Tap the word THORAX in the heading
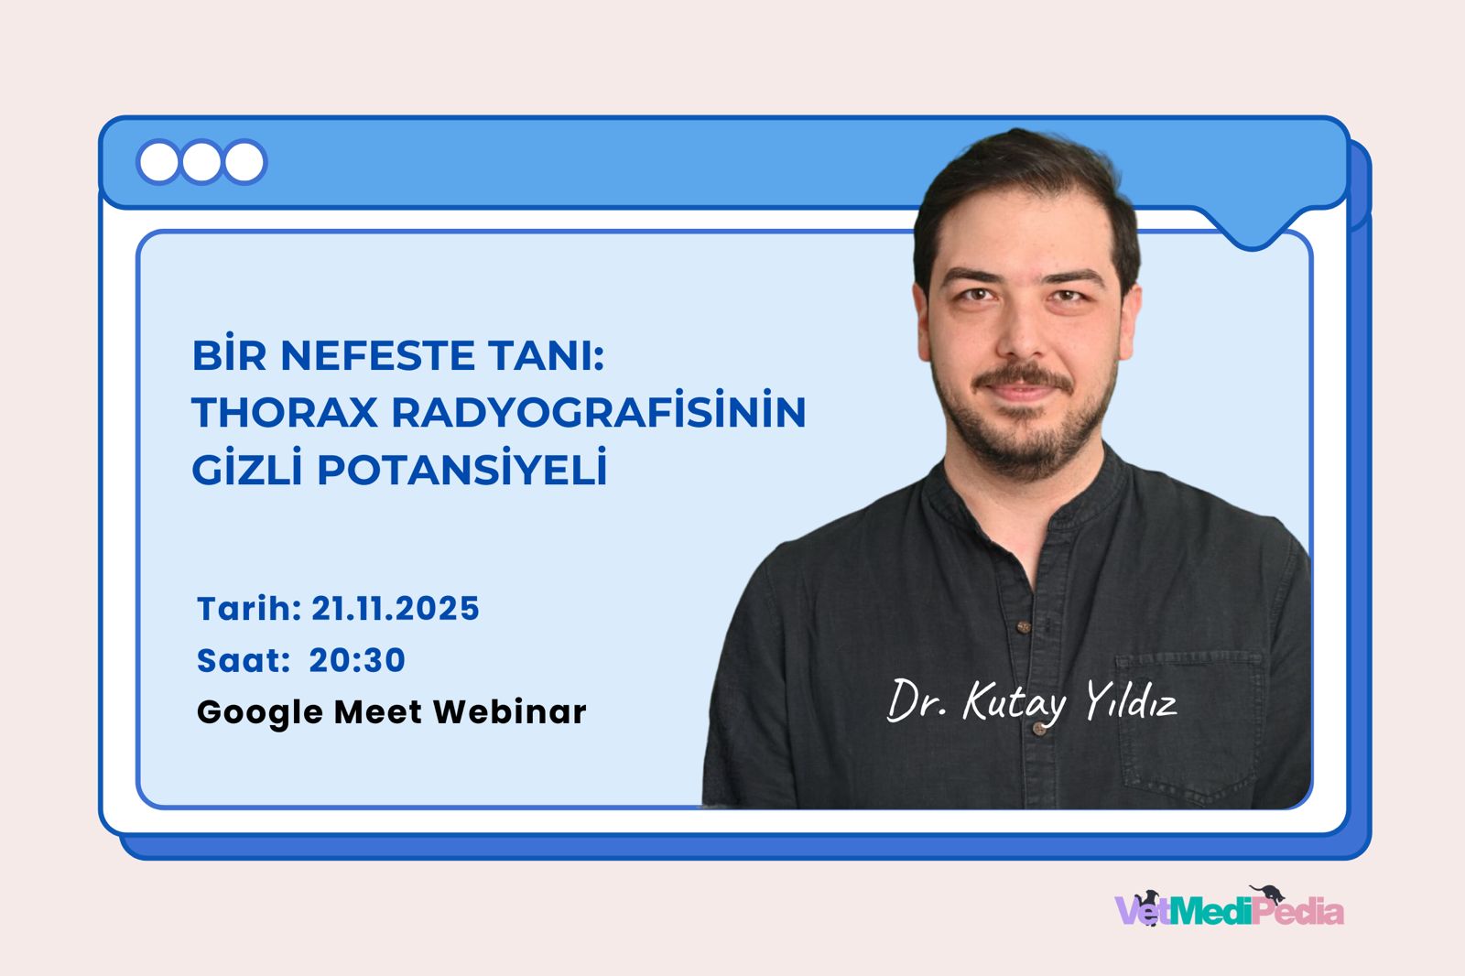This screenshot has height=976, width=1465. [285, 413]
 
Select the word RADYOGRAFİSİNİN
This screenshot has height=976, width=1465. [599, 412]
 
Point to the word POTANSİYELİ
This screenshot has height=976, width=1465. [462, 471]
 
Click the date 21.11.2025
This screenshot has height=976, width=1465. [396, 609]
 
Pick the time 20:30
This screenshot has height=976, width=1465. [357, 660]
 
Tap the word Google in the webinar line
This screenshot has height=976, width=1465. [259, 712]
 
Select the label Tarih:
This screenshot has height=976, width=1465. [249, 609]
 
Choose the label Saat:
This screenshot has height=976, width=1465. [243, 660]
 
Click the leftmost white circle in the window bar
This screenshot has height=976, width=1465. [159, 163]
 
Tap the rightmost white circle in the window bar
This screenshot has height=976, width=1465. [244, 163]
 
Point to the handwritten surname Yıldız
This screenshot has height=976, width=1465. [1131, 703]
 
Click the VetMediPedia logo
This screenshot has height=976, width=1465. [1229, 909]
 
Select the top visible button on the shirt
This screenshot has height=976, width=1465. [1025, 627]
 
